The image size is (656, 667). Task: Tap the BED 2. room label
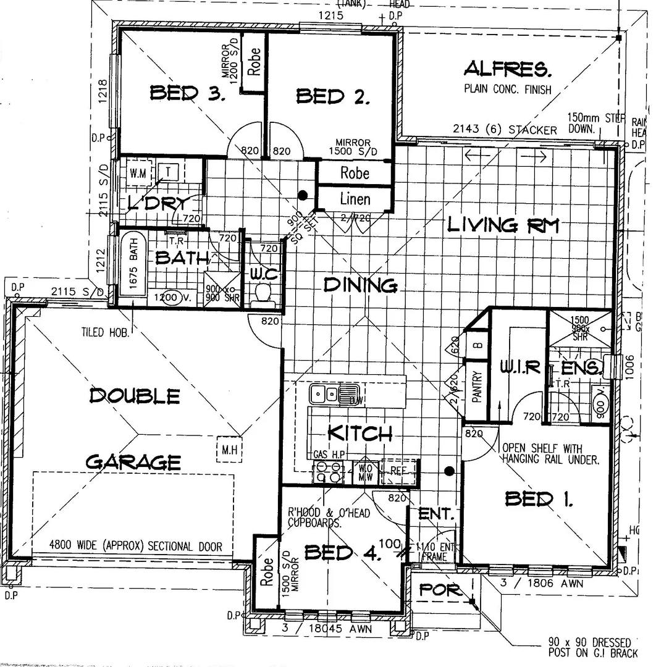pyautogui.click(x=333, y=96)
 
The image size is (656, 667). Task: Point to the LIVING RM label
pyautogui.click(x=503, y=225)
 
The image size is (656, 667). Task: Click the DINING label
pyautogui.click(x=360, y=285)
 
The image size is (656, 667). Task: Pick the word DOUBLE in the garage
pyautogui.click(x=135, y=395)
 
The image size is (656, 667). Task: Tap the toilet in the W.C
pyautogui.click(x=264, y=293)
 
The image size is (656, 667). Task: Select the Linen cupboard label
pyautogui.click(x=355, y=199)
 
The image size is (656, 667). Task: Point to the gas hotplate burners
pyautogui.click(x=329, y=472)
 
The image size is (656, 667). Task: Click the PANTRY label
pyautogui.click(x=476, y=387)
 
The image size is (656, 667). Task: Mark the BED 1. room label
pyautogui.click(x=539, y=498)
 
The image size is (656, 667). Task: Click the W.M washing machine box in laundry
pyautogui.click(x=139, y=173)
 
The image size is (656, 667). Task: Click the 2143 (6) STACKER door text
pyautogui.click(x=505, y=130)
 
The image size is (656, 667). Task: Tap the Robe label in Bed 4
pyautogui.click(x=267, y=572)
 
